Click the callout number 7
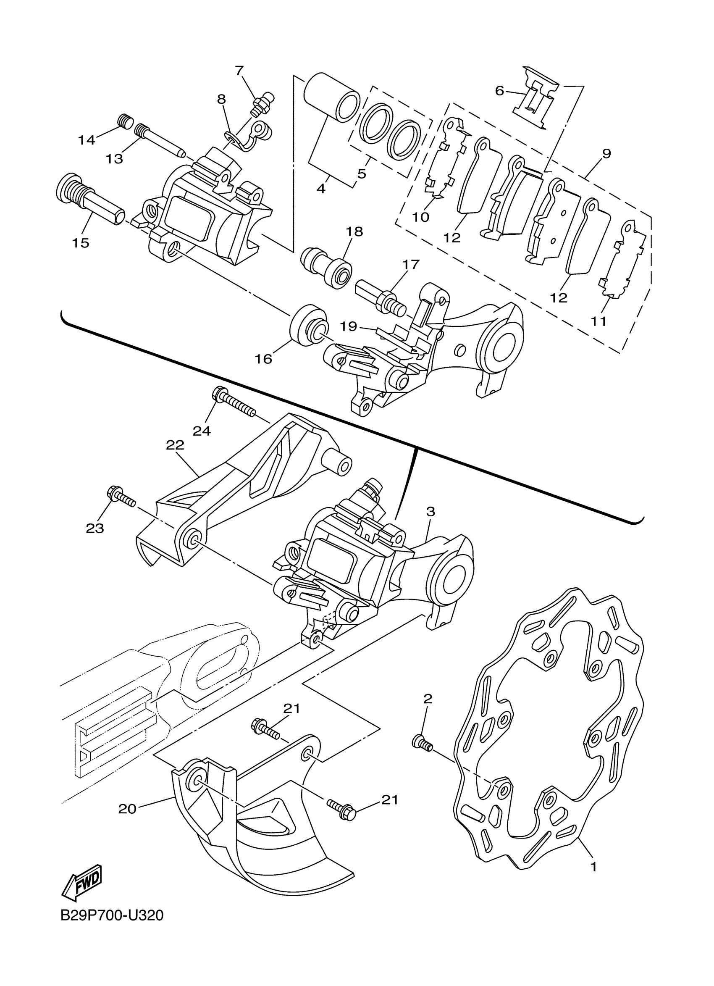[x=239, y=70]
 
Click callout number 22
[x=175, y=445]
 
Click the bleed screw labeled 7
[x=262, y=103]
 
